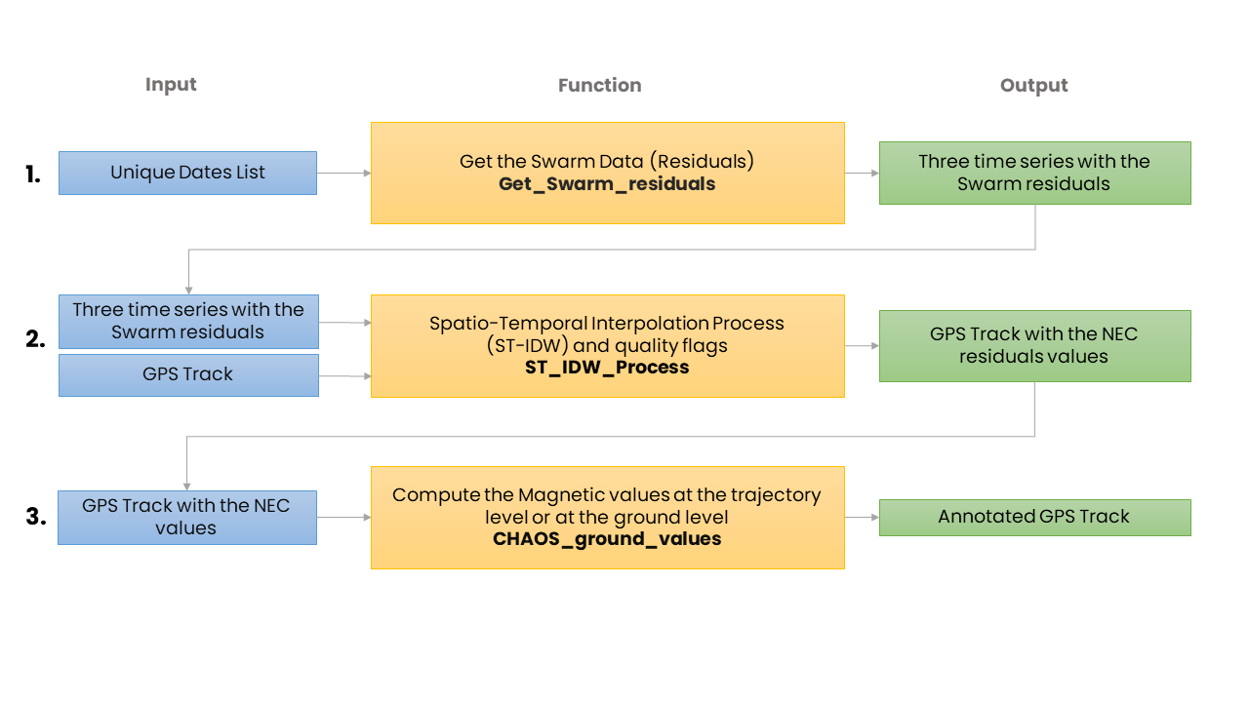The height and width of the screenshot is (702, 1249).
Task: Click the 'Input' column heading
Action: click(171, 85)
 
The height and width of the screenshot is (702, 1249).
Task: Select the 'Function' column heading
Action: click(600, 85)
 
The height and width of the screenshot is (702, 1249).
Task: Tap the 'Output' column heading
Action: click(1033, 86)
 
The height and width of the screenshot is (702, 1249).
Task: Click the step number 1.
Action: click(33, 175)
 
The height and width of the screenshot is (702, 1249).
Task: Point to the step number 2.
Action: click(35, 338)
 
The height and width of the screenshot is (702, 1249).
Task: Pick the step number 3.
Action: click(36, 516)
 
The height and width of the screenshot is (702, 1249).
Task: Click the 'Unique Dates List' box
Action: click(188, 173)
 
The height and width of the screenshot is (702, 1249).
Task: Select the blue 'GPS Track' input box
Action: click(188, 375)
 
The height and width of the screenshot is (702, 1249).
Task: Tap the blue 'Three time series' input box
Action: click(188, 322)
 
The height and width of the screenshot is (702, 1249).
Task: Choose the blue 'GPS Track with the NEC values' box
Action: click(187, 518)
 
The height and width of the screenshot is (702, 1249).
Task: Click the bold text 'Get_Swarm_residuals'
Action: click(607, 184)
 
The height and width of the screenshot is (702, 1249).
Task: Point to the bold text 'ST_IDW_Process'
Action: click(607, 368)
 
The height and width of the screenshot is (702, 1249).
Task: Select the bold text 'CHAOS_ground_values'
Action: click(607, 539)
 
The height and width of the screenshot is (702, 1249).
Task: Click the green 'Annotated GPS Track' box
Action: click(1035, 518)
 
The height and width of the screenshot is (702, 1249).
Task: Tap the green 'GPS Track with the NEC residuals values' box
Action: click(1035, 346)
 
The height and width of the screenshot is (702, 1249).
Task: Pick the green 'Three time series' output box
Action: click(1035, 173)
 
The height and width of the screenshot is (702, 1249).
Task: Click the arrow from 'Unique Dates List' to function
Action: click(344, 174)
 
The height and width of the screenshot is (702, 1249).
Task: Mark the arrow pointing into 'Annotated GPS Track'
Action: click(862, 518)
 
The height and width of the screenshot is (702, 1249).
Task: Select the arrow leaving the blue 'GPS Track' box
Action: click(345, 376)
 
